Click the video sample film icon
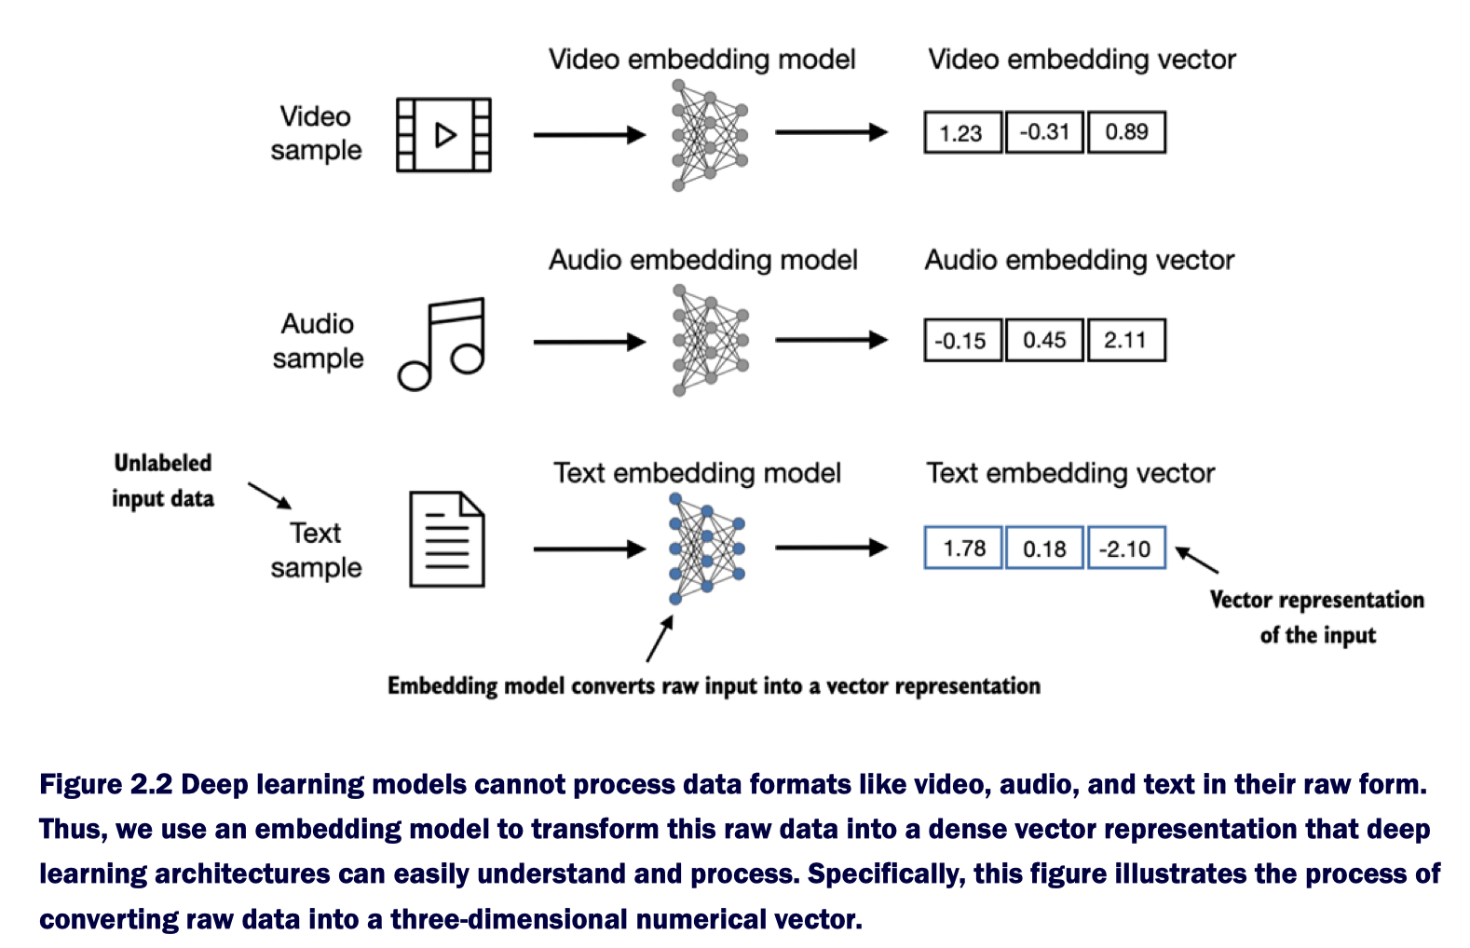pos(443,135)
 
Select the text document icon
pos(447,540)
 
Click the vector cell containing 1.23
pos(962,132)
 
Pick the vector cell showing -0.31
pos(1044,132)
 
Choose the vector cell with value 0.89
pos(1126,132)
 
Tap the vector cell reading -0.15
pos(962,341)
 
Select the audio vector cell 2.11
pos(1126,341)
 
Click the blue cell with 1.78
pos(963,548)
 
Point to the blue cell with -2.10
pos(1126,548)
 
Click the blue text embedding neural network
pos(707,549)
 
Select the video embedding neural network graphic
pos(710,135)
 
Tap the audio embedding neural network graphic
pos(710,341)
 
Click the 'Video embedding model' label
pos(701,60)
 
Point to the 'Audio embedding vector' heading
pos(1079,260)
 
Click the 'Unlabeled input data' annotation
pos(163,481)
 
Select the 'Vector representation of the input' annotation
pos(1317,616)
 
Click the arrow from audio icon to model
pos(589,343)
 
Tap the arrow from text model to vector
pos(831,548)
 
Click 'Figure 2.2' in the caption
pos(105,784)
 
